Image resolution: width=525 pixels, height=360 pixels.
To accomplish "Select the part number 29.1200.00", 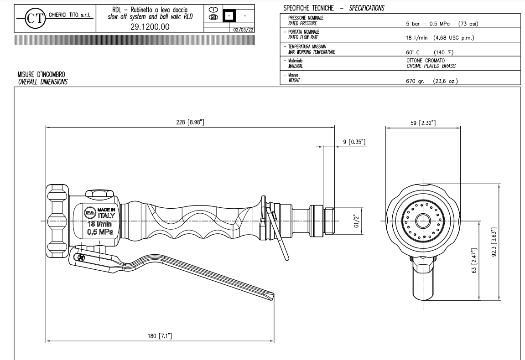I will point(147,27).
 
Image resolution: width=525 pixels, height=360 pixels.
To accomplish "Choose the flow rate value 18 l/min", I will point(414,37).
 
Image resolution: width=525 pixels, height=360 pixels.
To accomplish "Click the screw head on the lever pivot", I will point(81,258).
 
